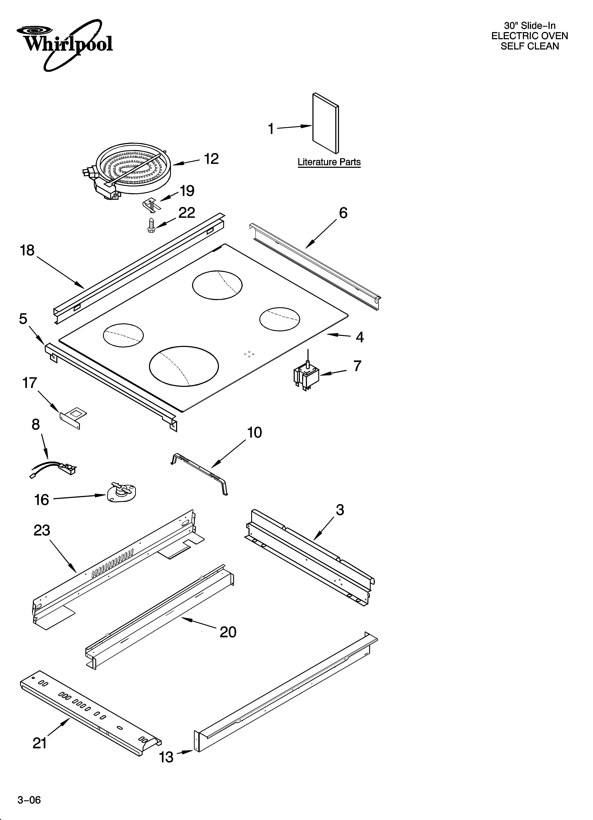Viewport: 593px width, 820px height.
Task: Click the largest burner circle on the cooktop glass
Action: click(x=184, y=366)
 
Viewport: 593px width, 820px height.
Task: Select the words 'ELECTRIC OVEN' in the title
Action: click(x=529, y=36)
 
